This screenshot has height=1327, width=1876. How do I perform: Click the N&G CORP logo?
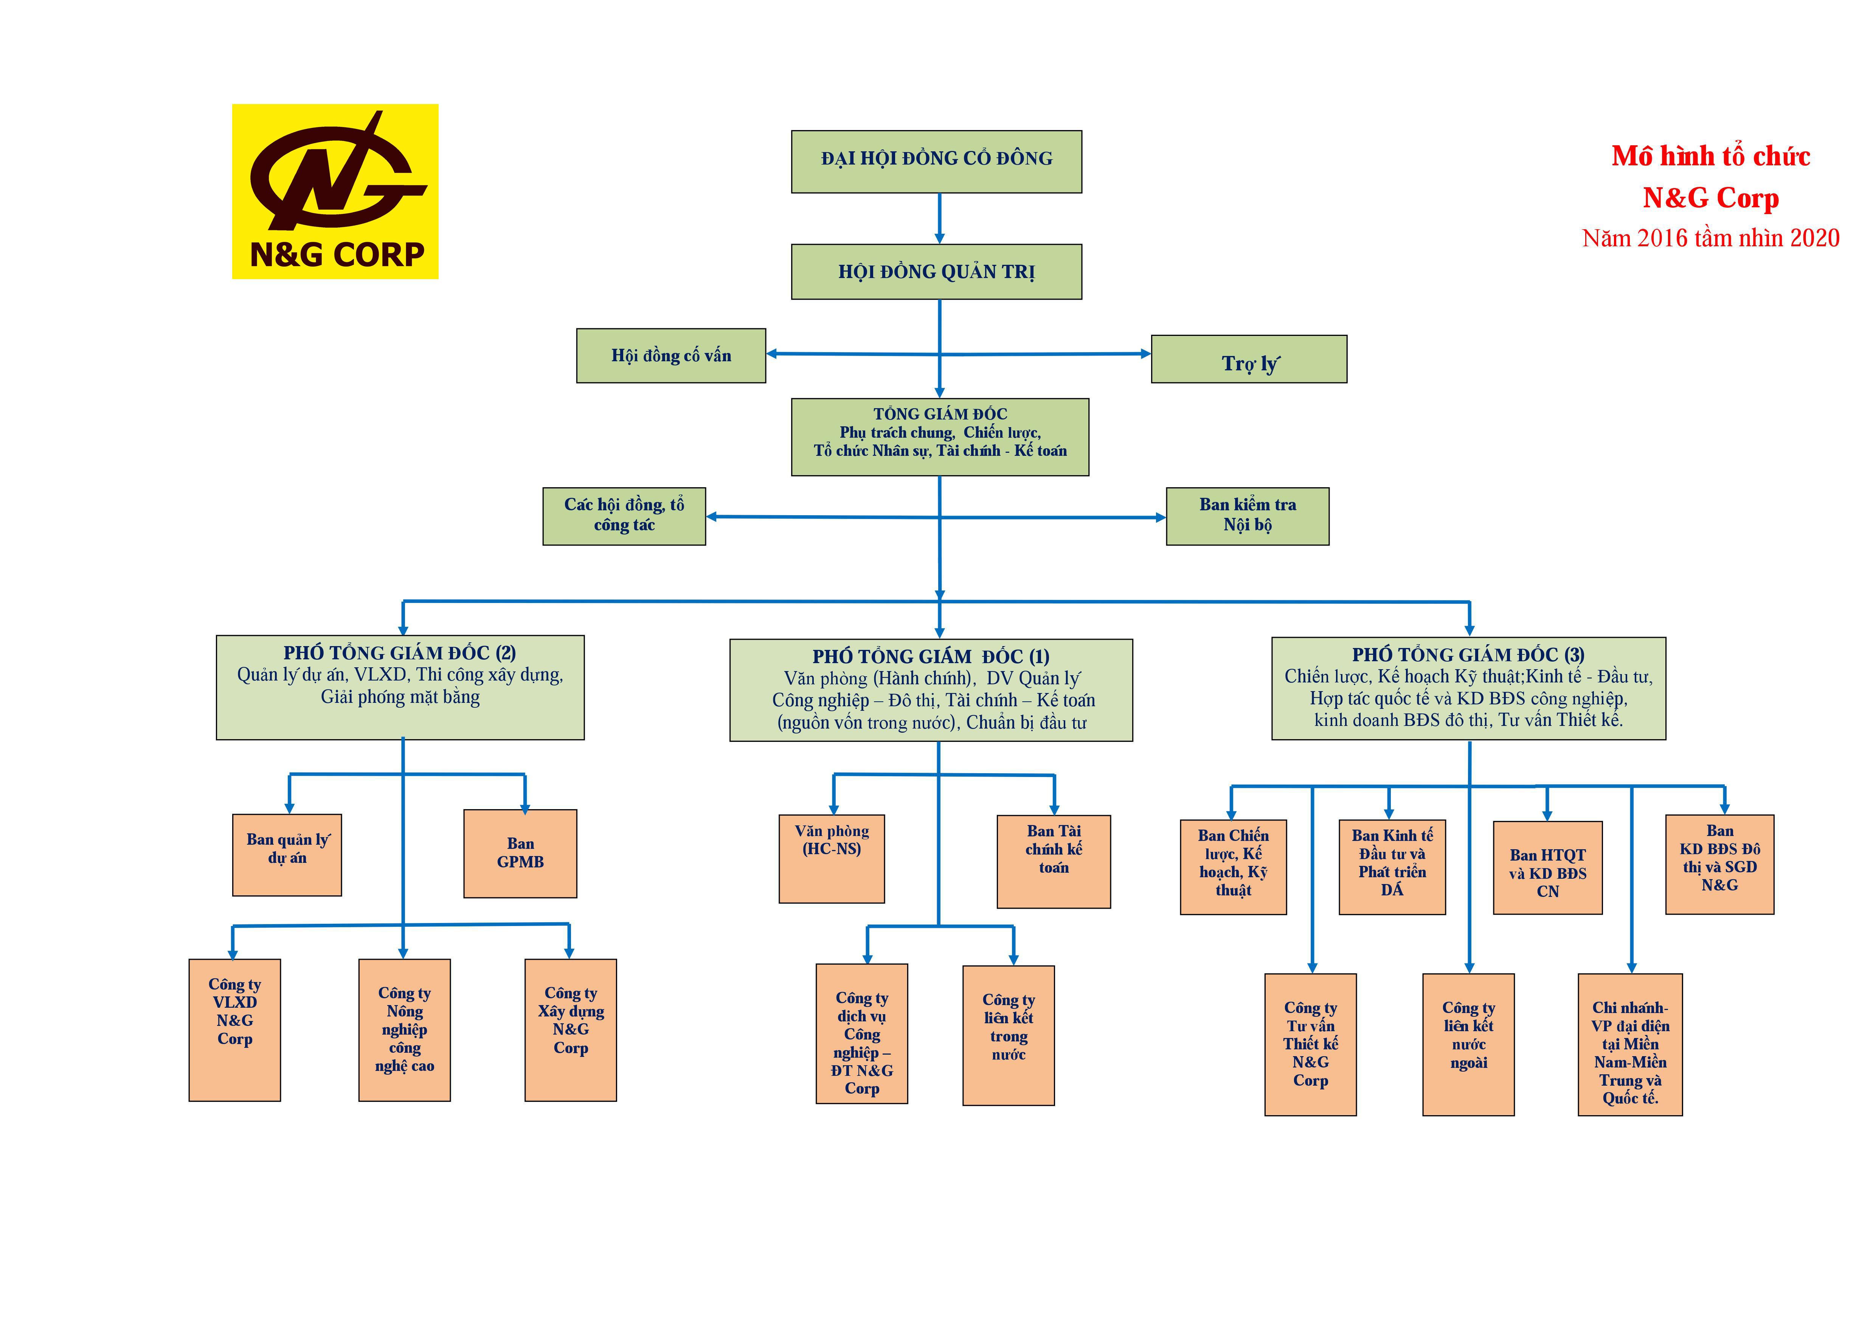click(x=335, y=191)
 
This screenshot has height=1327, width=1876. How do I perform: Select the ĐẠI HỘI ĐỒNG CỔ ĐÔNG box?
click(x=936, y=162)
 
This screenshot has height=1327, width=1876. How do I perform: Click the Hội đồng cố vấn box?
click(x=671, y=356)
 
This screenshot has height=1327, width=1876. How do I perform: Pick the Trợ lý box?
click(x=1249, y=359)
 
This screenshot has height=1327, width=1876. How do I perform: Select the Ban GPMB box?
click(x=520, y=854)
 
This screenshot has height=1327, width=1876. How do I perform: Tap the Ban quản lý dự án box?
click(x=287, y=855)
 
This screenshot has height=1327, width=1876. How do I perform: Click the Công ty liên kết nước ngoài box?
click(x=1468, y=1044)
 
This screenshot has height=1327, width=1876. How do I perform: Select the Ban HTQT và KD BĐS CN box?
click(x=1547, y=868)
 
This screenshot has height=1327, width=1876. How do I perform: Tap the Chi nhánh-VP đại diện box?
click(x=1630, y=1044)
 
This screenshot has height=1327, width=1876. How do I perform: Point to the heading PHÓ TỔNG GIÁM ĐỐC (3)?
click(x=1468, y=654)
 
